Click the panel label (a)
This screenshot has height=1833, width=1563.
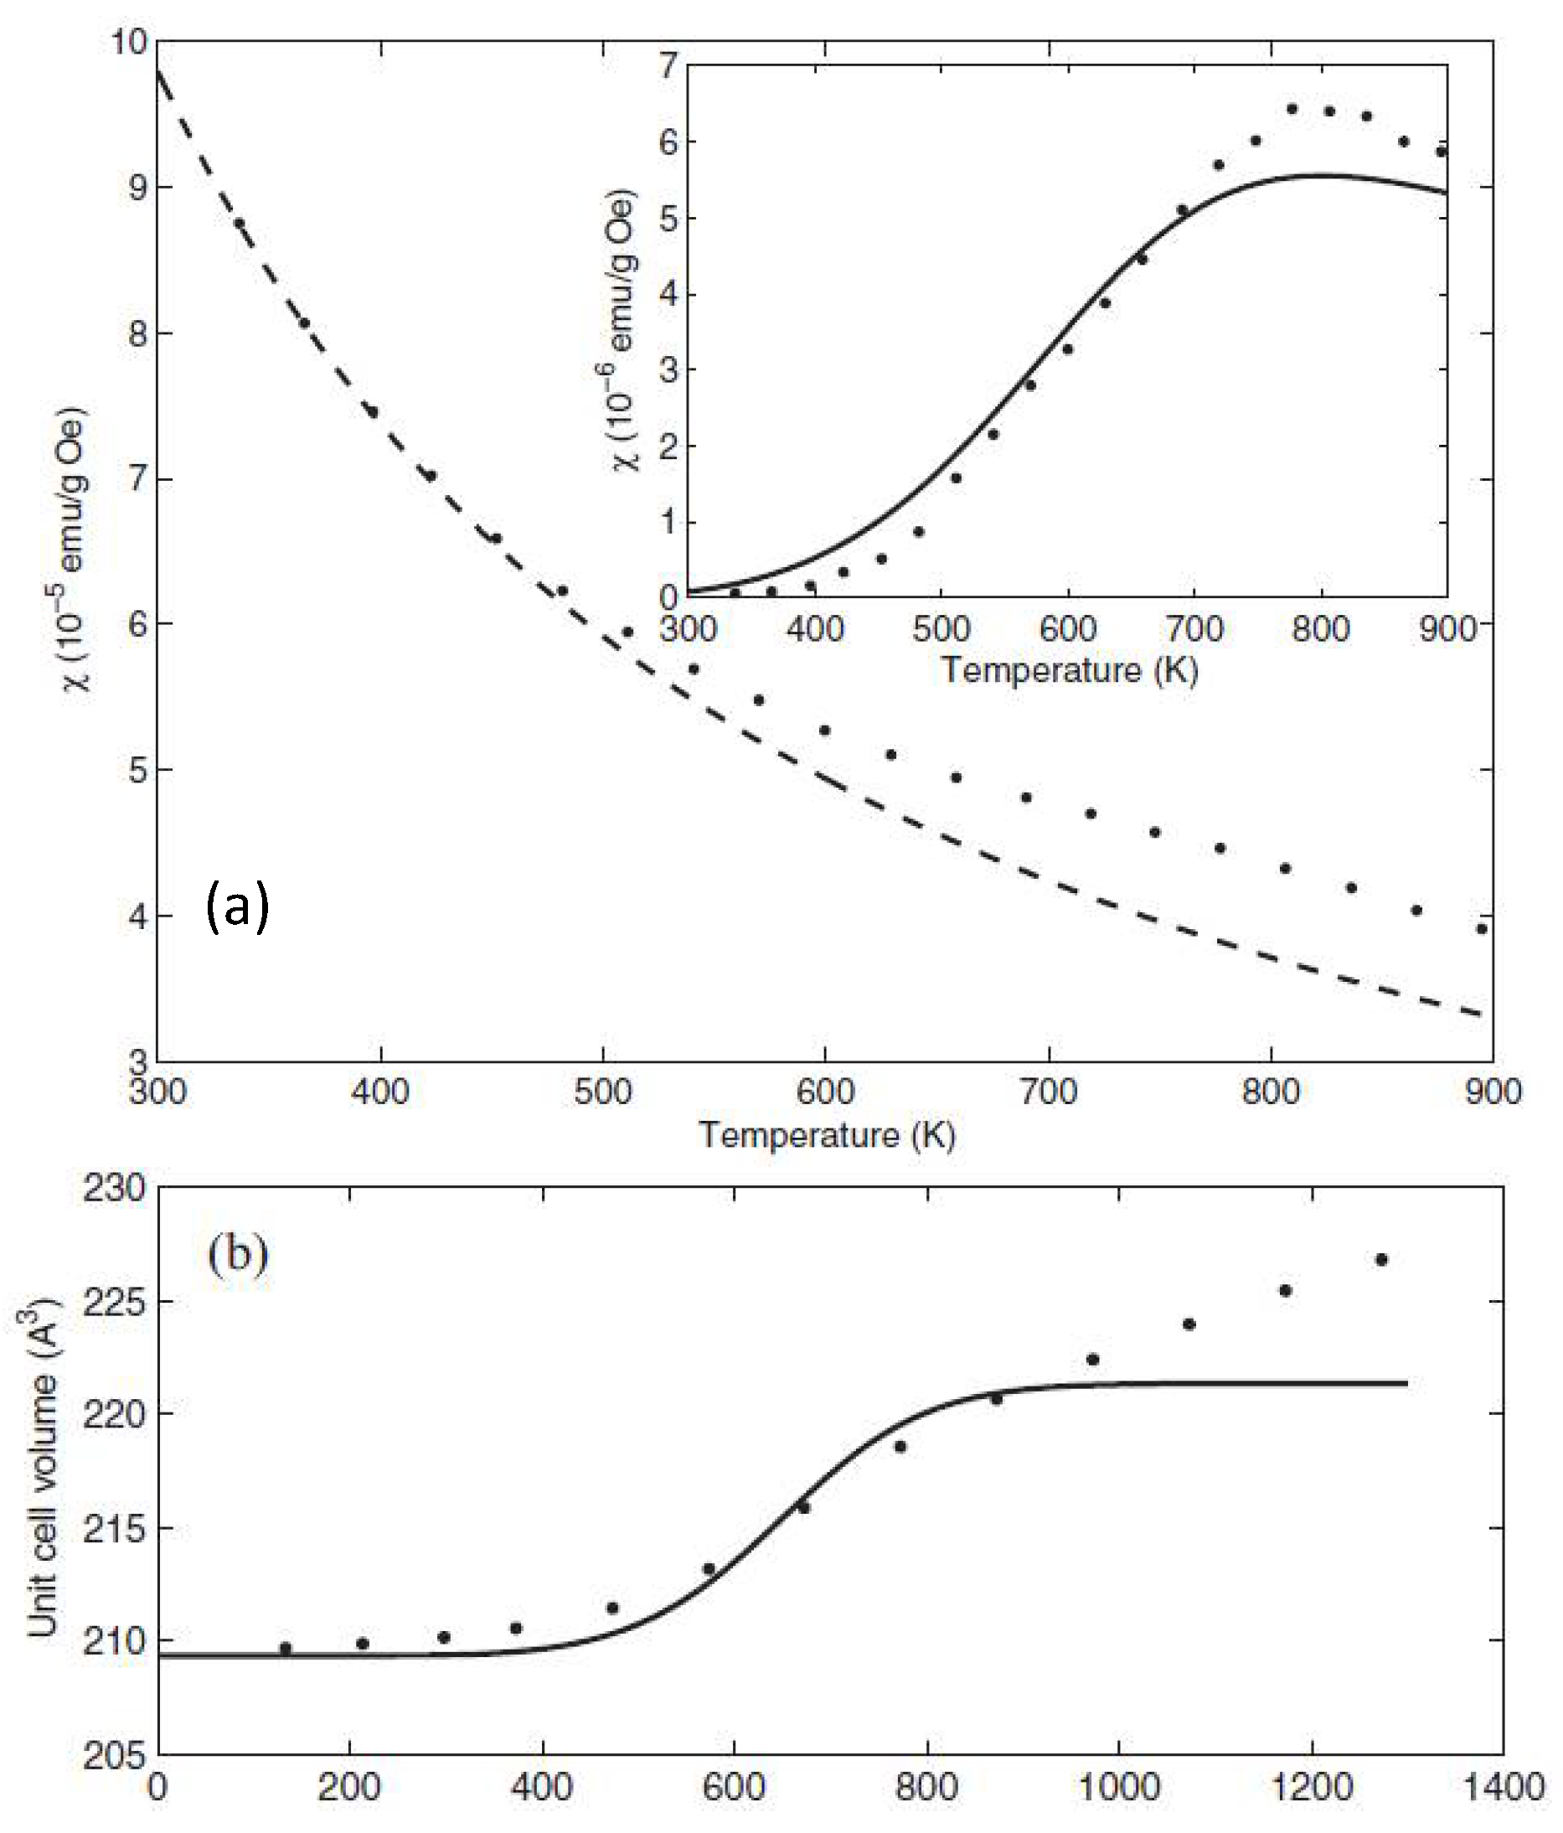pyautogui.click(x=237, y=906)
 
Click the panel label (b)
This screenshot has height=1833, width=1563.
pyautogui.click(x=238, y=1253)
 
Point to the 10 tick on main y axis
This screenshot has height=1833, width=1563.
pyautogui.click(x=129, y=42)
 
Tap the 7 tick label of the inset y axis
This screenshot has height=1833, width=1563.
pyautogui.click(x=668, y=65)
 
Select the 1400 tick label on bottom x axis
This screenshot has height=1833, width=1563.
pyautogui.click(x=1504, y=1787)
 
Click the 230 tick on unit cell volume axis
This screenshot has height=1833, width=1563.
pyautogui.click(x=113, y=1188)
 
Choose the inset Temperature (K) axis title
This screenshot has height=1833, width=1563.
pyautogui.click(x=1069, y=669)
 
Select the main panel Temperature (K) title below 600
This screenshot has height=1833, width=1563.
pyautogui.click(x=826, y=1135)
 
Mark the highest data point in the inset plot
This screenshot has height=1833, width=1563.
pyautogui.click(x=1292, y=109)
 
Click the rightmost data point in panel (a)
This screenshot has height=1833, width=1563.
pyautogui.click(x=1481, y=929)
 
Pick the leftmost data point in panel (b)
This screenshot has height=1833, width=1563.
pyautogui.click(x=285, y=1648)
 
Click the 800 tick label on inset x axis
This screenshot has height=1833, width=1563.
pyautogui.click(x=1321, y=630)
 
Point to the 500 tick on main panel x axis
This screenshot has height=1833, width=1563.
pyautogui.click(x=602, y=1092)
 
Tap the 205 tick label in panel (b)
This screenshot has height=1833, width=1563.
pyautogui.click(x=113, y=1755)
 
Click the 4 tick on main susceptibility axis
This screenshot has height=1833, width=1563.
pyautogui.click(x=138, y=916)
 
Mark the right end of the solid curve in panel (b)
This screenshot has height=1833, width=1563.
pyautogui.click(x=1406, y=1383)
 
